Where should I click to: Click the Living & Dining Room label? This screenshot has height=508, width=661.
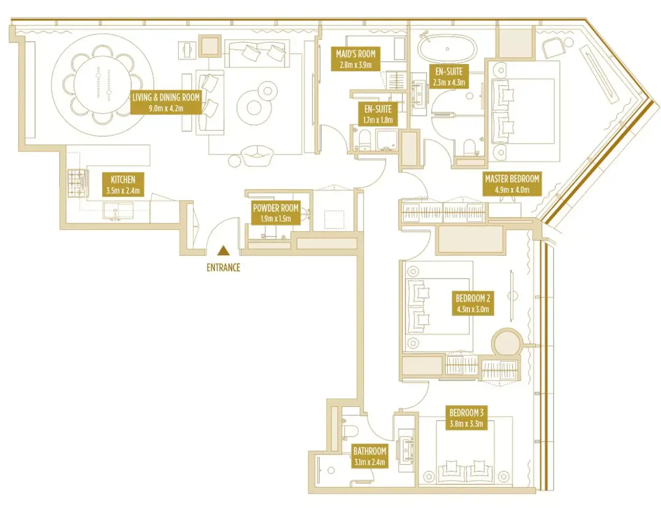coord(166,102)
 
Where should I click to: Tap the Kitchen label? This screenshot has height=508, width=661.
coord(123,185)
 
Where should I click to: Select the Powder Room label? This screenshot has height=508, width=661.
coord(276,213)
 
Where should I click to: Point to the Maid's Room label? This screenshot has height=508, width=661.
coord(356,59)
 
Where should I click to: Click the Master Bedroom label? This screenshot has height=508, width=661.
coord(512,184)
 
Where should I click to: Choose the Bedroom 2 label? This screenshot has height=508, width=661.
coord(473,303)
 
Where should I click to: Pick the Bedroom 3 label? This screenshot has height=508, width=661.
coord(466,418)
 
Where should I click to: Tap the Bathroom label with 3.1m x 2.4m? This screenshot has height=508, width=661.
coord(369,456)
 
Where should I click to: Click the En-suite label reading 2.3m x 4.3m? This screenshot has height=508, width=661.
coord(449,77)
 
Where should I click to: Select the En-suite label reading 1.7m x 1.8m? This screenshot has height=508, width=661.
coord(378,114)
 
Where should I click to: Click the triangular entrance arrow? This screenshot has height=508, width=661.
coord(224,250)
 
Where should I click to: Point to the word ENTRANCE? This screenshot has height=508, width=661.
coord(223,268)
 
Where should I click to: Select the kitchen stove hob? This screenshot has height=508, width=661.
coord(77,183)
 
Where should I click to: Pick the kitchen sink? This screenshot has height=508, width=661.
coord(117,211)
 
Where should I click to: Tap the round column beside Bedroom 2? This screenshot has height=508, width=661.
coord(506,342)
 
